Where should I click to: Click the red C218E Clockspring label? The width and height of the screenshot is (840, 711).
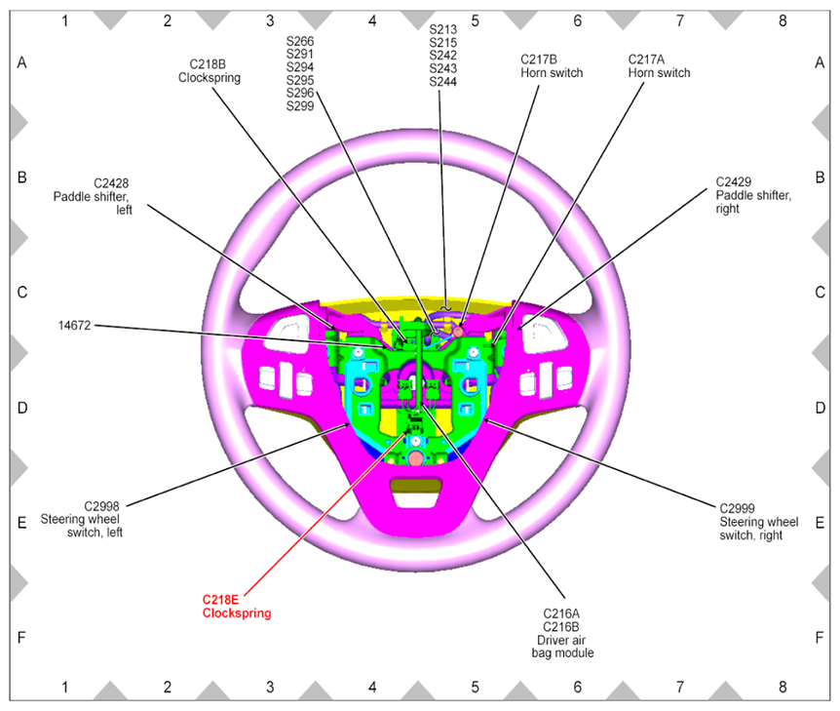coord(236,607)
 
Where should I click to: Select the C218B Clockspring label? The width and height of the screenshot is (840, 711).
coord(214,70)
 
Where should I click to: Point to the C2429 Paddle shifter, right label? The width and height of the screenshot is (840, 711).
coord(753,195)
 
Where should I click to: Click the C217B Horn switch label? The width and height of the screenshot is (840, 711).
coord(552,65)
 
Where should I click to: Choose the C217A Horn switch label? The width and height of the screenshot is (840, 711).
coord(659,65)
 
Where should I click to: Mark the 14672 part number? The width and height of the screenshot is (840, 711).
coord(74,326)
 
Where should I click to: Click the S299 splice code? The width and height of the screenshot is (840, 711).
coord(300,105)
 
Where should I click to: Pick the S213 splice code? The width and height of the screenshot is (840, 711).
coord(443,29)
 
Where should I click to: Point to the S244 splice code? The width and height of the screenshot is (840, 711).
coord(443,82)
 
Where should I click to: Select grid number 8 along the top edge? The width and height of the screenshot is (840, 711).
coord(782,20)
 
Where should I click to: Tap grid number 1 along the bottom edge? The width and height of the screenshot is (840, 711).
coord(64,688)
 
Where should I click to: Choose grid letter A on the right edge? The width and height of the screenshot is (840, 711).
coord(820,63)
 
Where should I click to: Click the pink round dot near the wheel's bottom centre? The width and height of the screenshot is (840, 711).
coord(415,457)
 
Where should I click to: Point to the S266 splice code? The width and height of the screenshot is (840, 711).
coord(300,41)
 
